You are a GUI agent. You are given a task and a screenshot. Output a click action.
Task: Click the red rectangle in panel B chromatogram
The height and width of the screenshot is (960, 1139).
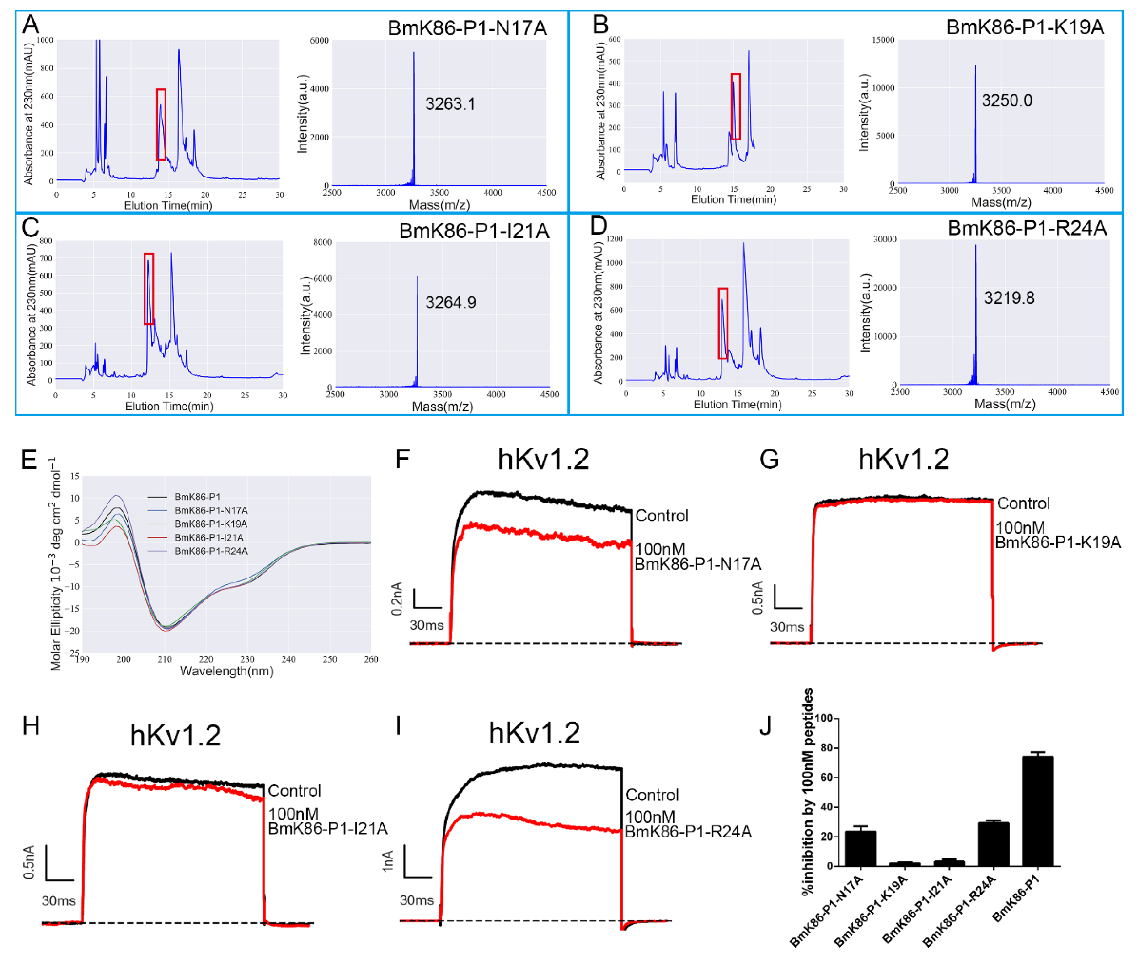736,107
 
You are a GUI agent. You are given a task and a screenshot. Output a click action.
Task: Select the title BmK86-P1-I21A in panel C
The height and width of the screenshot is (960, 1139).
474,231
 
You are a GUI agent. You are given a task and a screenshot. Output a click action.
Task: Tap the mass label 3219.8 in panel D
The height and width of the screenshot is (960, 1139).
1009,298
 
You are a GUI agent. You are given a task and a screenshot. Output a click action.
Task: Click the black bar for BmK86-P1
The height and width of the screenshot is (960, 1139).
1038,811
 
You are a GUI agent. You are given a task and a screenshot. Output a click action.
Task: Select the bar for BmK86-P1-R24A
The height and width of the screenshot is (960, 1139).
993,844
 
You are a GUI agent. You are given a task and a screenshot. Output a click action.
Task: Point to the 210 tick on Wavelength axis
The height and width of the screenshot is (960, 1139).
164,659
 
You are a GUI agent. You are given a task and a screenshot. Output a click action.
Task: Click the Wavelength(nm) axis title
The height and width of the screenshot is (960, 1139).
226,671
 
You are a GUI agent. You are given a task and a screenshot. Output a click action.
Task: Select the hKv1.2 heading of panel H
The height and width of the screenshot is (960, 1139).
175,736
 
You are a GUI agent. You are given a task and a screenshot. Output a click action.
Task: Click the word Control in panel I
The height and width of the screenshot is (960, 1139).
652,795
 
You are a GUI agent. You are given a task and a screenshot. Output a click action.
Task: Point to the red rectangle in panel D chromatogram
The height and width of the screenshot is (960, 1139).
722,323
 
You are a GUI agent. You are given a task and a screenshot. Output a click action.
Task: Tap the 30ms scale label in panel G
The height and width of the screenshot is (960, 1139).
787,627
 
